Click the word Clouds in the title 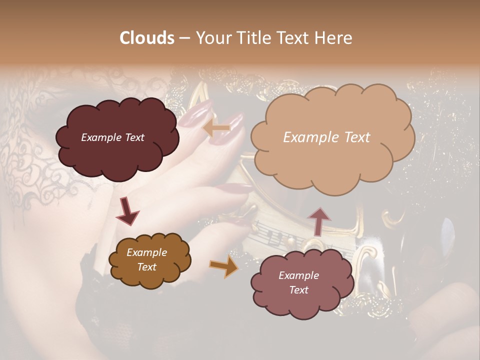tap(147, 37)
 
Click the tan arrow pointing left tap(216, 128)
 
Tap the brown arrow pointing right tap(224, 267)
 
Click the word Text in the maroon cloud tap(133, 137)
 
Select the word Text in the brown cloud tap(147, 267)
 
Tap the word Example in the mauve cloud tap(298, 275)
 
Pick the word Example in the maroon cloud tap(101, 137)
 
